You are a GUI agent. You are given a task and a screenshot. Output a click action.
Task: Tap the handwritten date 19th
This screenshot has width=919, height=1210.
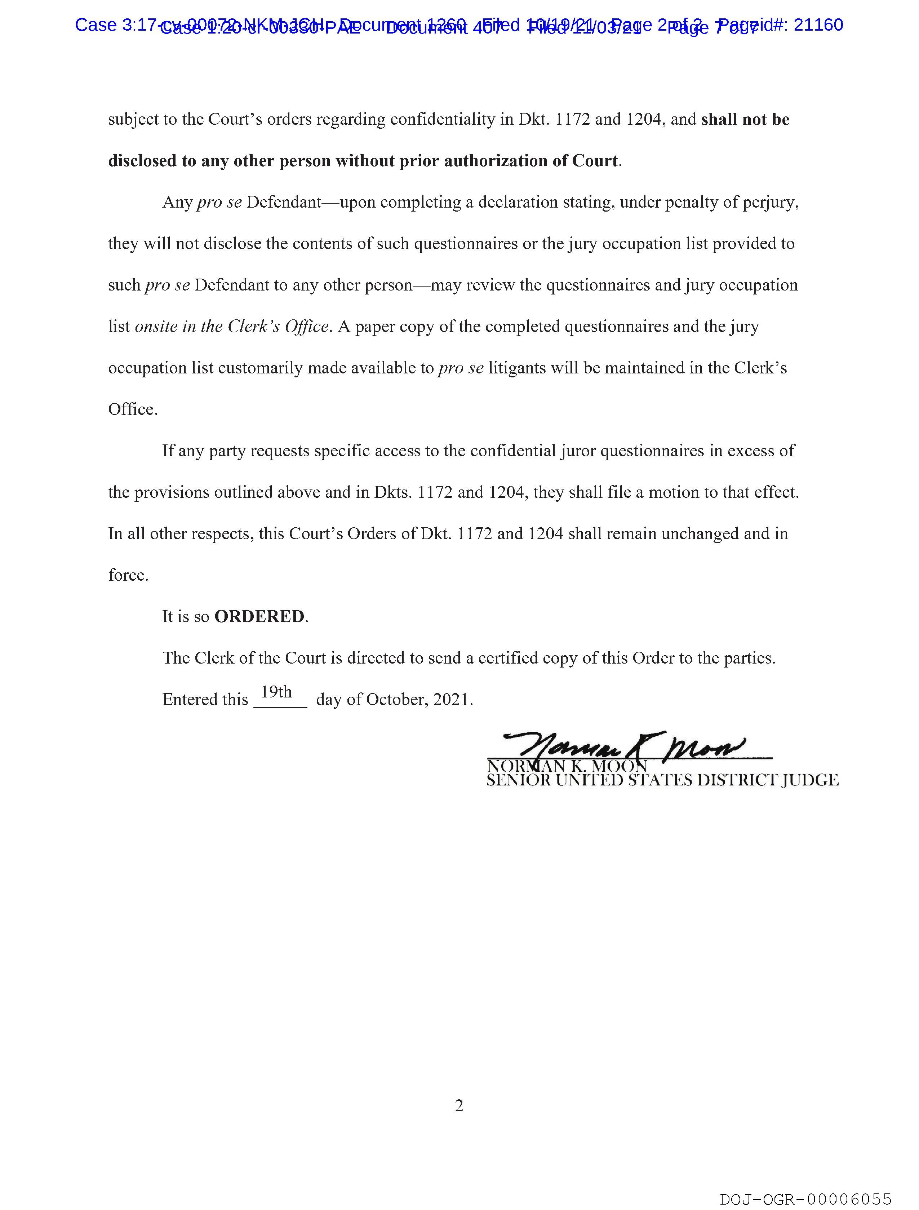[277, 692]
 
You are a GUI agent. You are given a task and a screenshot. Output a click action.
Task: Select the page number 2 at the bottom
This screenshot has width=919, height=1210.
[459, 1106]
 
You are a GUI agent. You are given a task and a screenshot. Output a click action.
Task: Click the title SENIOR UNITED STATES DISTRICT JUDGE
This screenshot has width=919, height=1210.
[662, 781]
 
